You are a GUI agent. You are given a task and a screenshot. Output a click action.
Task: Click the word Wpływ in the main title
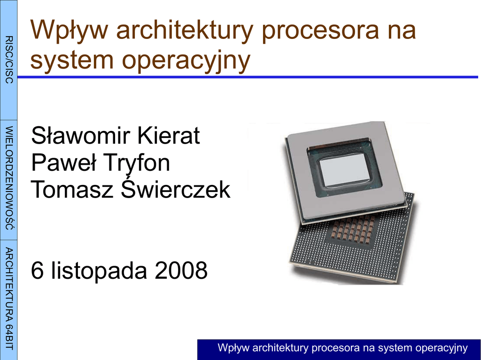point(69,30)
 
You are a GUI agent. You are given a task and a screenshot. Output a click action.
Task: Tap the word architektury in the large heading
point(185,30)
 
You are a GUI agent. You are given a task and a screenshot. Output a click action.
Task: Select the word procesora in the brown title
point(320,30)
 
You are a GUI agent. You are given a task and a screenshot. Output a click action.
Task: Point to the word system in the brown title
point(72,60)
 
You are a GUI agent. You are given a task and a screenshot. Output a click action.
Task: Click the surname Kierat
point(169,135)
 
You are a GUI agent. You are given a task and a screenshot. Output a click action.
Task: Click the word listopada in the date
point(99,270)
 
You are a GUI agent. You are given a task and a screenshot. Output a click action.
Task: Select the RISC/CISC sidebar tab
point(8,60)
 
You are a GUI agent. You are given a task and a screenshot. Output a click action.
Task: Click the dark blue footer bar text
point(342,348)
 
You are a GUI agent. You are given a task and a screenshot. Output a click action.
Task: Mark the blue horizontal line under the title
point(248,77)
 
